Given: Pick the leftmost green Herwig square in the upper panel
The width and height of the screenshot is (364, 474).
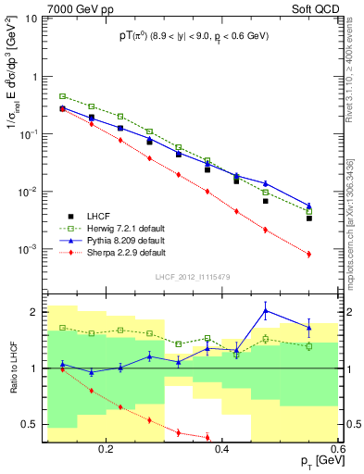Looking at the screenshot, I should [x=62, y=95].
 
